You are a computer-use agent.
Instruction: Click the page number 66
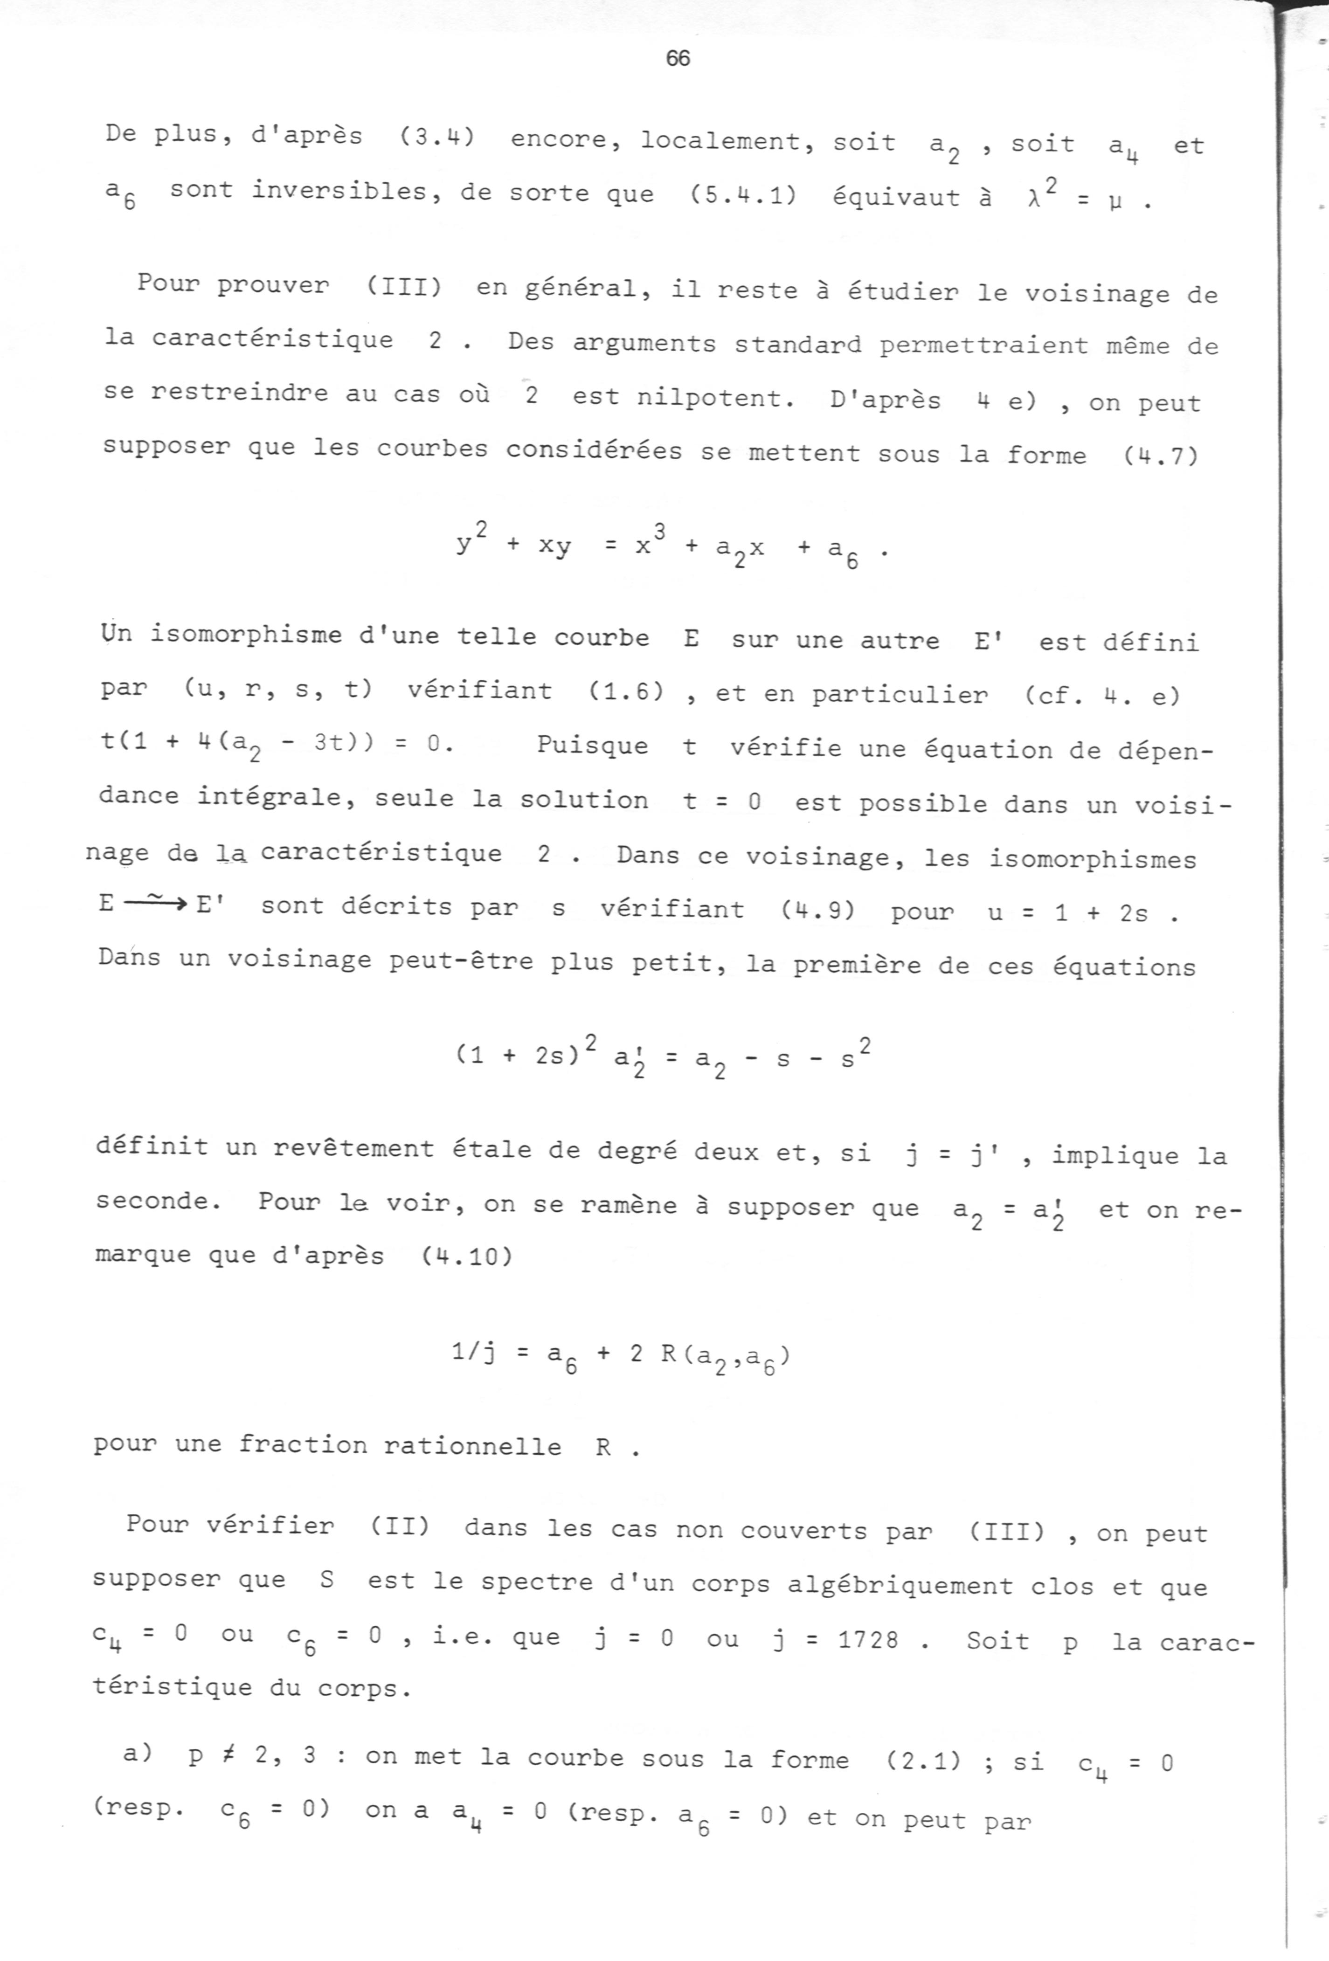pyautogui.click(x=678, y=58)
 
